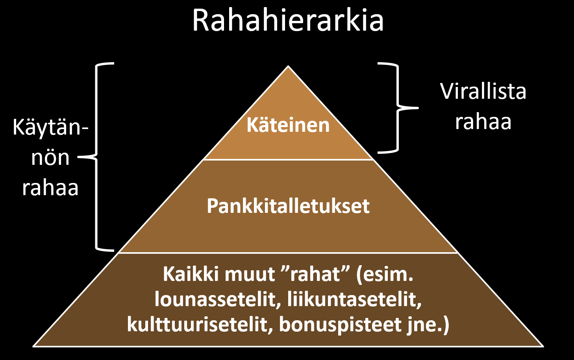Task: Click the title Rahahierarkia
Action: pyautogui.click(x=288, y=20)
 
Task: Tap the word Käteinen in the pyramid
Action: pyautogui.click(x=288, y=125)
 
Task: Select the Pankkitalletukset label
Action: pyautogui.click(x=288, y=206)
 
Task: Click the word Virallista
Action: pyautogui.click(x=483, y=91)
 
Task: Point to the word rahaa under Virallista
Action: pyautogui.click(x=483, y=122)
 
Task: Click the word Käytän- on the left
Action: pyautogui.click(x=50, y=127)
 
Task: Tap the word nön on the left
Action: pyautogui.click(x=50, y=158)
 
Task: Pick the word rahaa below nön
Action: pyautogui.click(x=50, y=188)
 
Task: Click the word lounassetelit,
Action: pyautogui.click(x=217, y=299)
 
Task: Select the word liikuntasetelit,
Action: pyautogui.click(x=354, y=299)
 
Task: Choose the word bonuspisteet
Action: pyautogui.click(x=340, y=325)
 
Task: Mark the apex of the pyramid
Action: pyautogui.click(x=288, y=66)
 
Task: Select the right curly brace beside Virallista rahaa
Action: pyautogui.click(x=398, y=107)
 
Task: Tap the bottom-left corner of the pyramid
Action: pyautogui.click(x=34, y=346)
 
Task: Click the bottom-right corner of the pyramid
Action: pyautogui.click(x=543, y=346)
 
